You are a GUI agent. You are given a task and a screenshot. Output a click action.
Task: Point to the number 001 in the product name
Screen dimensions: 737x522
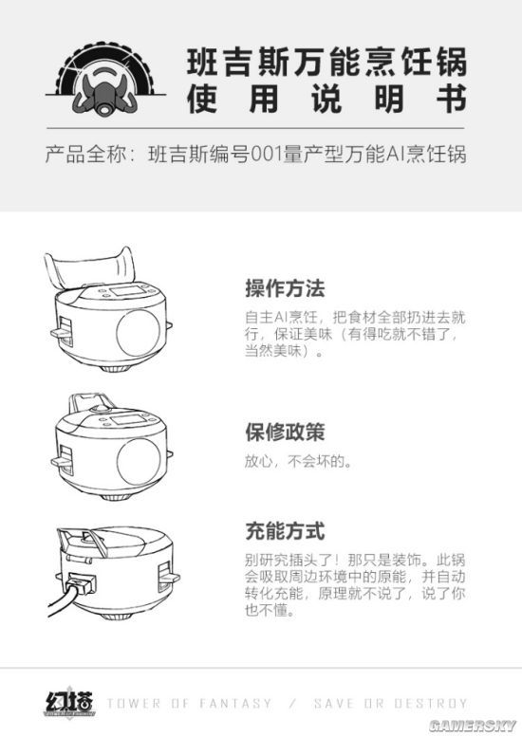point(267,154)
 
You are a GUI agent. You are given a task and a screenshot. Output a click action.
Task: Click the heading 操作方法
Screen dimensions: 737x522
point(285,287)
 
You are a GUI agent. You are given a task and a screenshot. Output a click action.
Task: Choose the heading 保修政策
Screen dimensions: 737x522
point(285,433)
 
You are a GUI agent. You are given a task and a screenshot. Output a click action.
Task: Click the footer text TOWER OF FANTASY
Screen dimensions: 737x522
point(189,704)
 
